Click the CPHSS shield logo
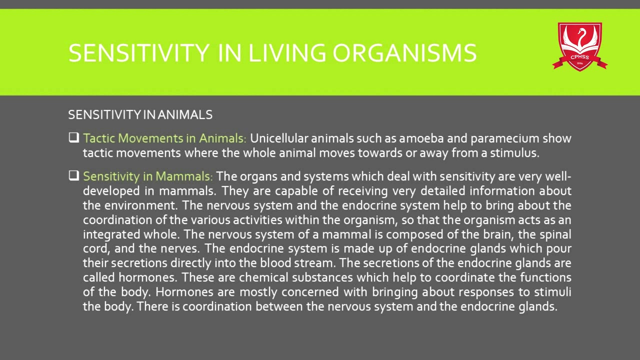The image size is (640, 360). (579, 46)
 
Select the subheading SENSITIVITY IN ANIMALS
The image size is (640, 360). (140, 115)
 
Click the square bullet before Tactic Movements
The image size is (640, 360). (74, 137)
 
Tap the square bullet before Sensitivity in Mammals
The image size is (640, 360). (74, 176)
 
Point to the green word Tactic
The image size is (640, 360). (99, 138)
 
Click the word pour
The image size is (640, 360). (559, 248)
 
